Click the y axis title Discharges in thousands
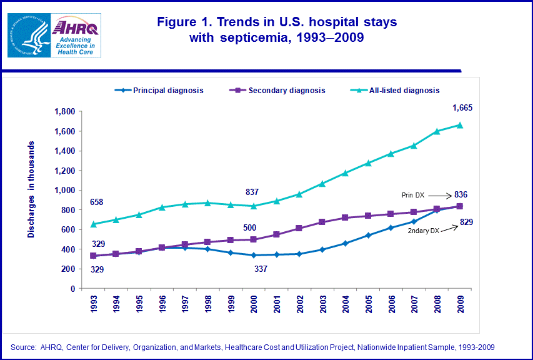point(31,189)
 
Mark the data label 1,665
point(462,107)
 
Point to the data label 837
point(252,192)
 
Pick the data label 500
point(249,228)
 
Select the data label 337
point(261,269)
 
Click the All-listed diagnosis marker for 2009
point(460,124)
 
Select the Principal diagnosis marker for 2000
point(254,255)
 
